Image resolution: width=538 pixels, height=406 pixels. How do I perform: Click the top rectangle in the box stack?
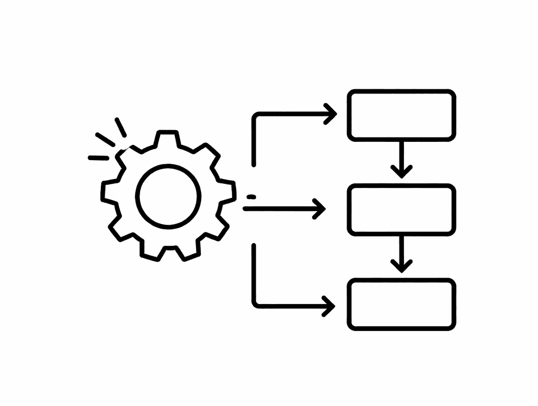(x=401, y=115)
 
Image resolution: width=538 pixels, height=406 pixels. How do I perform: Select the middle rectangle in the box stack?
(x=401, y=210)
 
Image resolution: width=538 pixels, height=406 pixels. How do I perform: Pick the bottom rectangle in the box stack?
(x=401, y=304)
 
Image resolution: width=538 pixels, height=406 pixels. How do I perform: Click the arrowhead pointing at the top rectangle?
(x=331, y=113)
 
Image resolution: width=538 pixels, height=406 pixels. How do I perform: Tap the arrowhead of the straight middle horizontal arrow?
(x=320, y=209)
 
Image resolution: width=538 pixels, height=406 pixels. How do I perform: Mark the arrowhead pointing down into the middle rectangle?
(x=401, y=171)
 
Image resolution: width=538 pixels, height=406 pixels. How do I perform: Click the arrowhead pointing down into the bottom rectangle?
(x=401, y=265)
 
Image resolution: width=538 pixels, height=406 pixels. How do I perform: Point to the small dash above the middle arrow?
(x=251, y=197)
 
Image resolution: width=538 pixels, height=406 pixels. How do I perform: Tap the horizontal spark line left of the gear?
(x=98, y=157)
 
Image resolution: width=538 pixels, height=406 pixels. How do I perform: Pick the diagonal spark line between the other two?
(x=105, y=139)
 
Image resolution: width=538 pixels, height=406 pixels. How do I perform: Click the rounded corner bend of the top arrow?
(x=256, y=116)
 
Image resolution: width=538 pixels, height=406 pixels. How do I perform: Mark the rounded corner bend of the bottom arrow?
(x=256, y=302)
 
